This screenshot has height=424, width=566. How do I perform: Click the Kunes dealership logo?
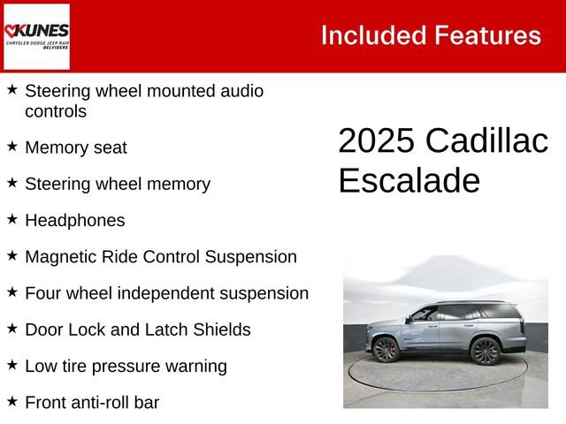click(x=36, y=36)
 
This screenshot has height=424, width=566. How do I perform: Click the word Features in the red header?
click(x=487, y=35)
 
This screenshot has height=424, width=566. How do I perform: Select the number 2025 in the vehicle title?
click(x=376, y=141)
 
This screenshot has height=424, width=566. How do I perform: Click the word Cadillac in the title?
click(x=486, y=141)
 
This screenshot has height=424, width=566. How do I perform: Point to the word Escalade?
click(x=409, y=180)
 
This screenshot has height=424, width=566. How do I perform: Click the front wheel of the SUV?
click(x=386, y=350)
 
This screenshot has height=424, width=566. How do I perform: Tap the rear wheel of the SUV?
click(x=486, y=351)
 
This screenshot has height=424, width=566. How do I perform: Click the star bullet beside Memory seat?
click(x=12, y=147)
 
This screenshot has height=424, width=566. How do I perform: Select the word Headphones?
click(x=75, y=221)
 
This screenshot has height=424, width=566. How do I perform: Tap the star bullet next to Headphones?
click(x=12, y=219)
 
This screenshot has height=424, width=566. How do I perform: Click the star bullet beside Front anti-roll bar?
click(x=12, y=401)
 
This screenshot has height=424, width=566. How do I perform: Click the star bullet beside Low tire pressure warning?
click(x=12, y=364)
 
